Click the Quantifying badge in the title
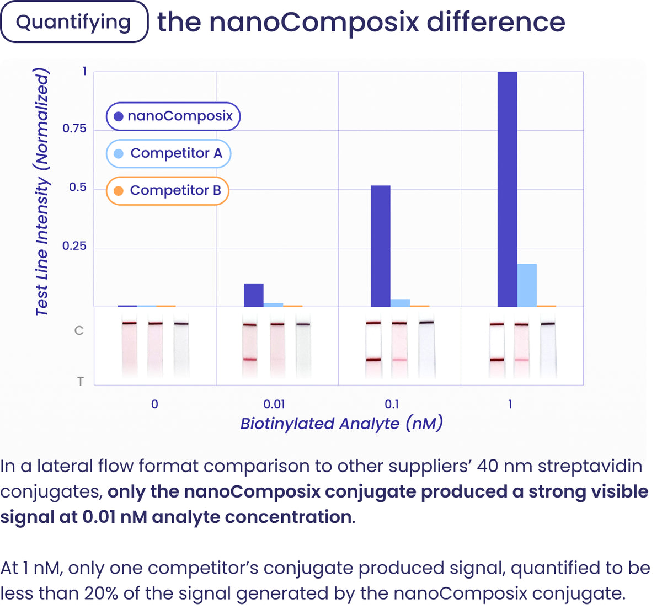pos(74,22)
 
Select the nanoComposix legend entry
pos(173,116)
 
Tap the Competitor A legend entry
pos(168,153)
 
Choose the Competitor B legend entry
pos(167,190)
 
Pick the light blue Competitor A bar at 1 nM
pos(527,285)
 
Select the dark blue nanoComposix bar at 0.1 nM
pos(380,246)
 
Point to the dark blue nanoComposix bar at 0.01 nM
pos(253,295)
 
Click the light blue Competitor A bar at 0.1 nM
pos(400,303)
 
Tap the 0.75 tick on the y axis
pos(74,129)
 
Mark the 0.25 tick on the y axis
pos(74,246)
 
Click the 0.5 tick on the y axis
pos(77,188)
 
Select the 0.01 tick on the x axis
pos(274,404)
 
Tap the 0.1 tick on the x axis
pos(392,404)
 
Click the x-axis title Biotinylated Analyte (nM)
pos(341,424)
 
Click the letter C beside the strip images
pos(79,330)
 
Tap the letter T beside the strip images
pos(81,381)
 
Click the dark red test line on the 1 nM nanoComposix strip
pos(496,360)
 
